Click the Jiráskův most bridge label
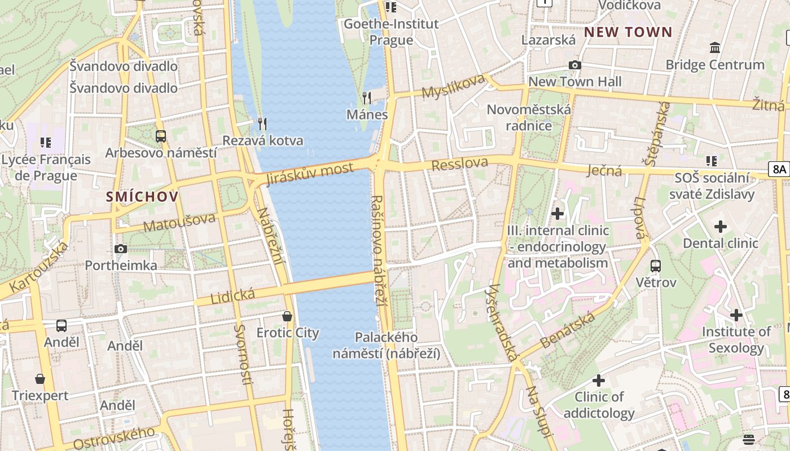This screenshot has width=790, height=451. pyautogui.click(x=310, y=173)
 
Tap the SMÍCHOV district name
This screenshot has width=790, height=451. pyautogui.click(x=142, y=197)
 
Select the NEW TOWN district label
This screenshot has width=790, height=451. pyautogui.click(x=628, y=32)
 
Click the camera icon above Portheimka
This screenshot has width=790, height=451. pyautogui.click(x=120, y=249)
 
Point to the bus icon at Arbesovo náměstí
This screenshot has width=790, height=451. pyautogui.click(x=161, y=136)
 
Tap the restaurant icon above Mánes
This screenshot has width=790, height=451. pyautogui.click(x=367, y=98)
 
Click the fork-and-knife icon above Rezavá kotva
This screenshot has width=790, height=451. pyautogui.click(x=262, y=123)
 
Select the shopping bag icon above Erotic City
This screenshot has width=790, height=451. pyautogui.click(x=287, y=316)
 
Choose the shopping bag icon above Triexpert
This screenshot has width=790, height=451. pyautogui.click(x=40, y=379)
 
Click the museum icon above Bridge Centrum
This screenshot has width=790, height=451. pyautogui.click(x=715, y=48)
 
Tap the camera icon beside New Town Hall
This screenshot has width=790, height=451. pyautogui.click(x=574, y=65)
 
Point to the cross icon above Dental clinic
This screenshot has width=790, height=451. pyautogui.click(x=720, y=227)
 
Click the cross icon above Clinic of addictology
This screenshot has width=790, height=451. pyautogui.click(x=599, y=381)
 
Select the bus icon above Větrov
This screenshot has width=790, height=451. pyautogui.click(x=656, y=266)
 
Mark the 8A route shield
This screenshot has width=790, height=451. pyautogui.click(x=779, y=169)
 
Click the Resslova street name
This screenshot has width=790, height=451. pyautogui.click(x=460, y=164)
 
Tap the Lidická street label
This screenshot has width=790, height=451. pyautogui.click(x=232, y=295)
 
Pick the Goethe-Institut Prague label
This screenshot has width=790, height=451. pyautogui.click(x=391, y=32)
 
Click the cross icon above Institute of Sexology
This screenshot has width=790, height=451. pyautogui.click(x=736, y=315)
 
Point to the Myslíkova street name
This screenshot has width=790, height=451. pyautogui.click(x=453, y=86)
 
